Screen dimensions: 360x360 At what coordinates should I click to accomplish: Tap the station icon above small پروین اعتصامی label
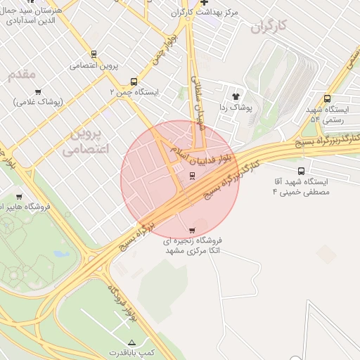coord(94,54)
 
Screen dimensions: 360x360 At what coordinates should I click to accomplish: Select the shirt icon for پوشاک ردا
coord(235,96)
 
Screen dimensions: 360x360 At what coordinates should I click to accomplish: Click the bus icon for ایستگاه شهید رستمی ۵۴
coord(327,98)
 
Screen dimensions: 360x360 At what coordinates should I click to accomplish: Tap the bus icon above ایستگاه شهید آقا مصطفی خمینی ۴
coord(302,170)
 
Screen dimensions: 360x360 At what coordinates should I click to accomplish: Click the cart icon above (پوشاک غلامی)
coord(38,91)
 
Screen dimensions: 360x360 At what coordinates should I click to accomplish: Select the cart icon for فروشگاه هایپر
coord(19,196)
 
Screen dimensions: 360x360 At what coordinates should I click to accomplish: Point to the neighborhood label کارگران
coord(269,26)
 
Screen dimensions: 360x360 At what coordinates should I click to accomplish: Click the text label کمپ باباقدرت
coord(131,352)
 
